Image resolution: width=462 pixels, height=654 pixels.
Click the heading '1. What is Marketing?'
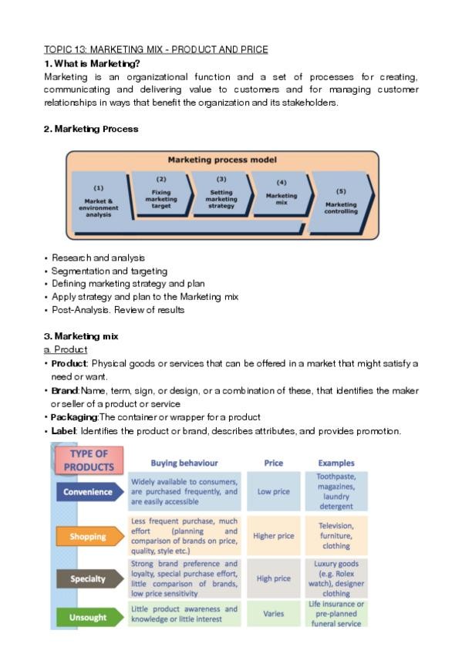[92, 63]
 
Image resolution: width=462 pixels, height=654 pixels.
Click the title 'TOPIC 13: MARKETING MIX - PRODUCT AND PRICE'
[156, 50]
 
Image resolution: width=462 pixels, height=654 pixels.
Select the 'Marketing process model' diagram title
[224, 160]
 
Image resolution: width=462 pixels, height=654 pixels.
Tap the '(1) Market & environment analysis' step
[99, 201]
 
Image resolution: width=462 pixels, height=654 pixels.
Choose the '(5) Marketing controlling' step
[340, 201]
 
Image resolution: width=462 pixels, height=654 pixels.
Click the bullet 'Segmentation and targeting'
[110, 271]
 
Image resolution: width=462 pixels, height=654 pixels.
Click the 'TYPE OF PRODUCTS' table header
[89, 460]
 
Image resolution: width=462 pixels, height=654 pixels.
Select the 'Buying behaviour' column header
[184, 464]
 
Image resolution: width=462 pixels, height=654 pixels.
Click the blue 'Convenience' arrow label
[89, 492]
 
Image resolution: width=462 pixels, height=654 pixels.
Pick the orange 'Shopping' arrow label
[89, 536]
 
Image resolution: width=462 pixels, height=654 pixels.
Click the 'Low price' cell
[274, 491]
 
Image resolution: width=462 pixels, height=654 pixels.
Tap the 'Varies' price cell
[274, 615]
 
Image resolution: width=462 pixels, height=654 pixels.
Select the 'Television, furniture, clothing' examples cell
[336, 534]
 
